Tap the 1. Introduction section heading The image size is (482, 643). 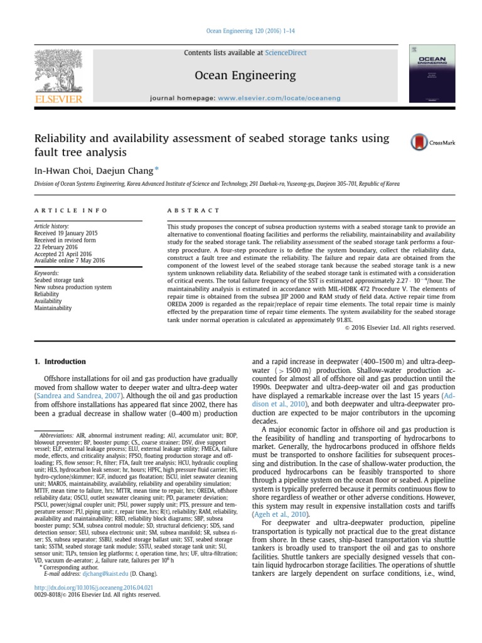coord(58,362)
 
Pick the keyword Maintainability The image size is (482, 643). coord(53,308)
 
